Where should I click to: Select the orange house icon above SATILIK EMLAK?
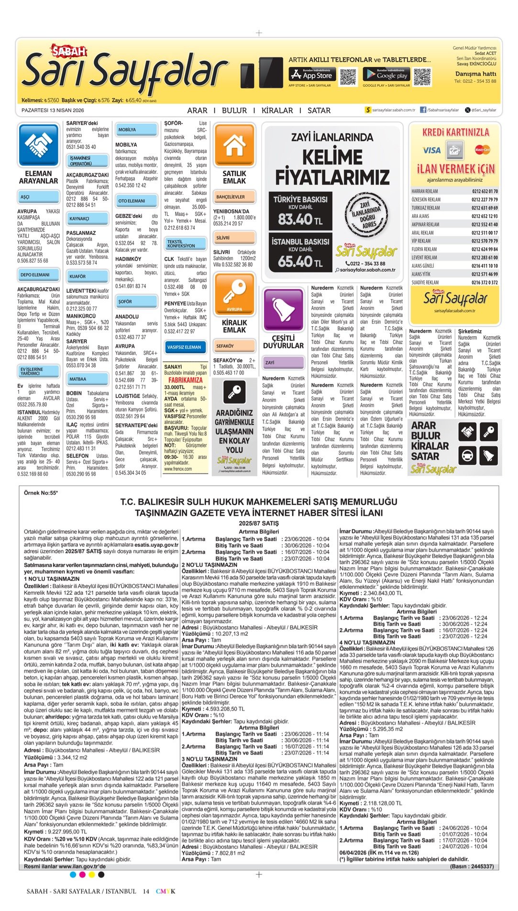pos(234,144)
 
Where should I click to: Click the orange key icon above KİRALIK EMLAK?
pos(234,293)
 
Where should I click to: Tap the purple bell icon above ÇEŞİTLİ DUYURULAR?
pos(283,309)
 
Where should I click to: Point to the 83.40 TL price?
pos(300,219)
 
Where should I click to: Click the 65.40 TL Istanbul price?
pos(300,261)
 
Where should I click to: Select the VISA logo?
pos(431,150)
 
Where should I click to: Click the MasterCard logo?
pos(482,150)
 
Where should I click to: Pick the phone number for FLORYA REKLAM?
pos(485,249)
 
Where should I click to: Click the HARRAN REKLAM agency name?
pos(424,191)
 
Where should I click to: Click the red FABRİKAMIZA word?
pos(186,380)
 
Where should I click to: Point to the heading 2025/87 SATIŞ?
pos(258,523)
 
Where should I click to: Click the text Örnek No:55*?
pos(41,493)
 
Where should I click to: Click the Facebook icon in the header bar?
pos(423,110)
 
